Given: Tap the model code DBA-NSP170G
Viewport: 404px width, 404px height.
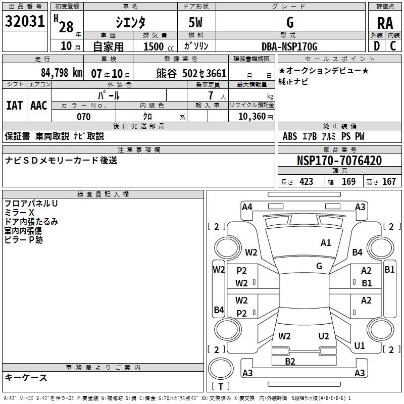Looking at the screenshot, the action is click(290, 46).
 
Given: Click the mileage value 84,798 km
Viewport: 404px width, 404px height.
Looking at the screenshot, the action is click(61, 72).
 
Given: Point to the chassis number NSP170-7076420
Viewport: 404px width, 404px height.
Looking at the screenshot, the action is click(339, 161).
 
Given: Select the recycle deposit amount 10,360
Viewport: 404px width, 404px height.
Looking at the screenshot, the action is click(251, 117).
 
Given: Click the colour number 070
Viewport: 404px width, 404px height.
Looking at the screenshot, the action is click(83, 117).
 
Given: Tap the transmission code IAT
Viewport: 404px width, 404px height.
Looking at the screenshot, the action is click(14, 105).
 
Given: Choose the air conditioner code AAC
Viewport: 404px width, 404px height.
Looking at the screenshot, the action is click(38, 105).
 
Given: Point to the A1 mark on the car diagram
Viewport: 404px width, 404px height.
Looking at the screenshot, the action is click(326, 243).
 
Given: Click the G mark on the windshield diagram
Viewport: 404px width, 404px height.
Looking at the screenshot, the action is click(319, 266).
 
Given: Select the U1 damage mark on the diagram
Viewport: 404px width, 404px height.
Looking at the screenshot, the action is click(360, 346).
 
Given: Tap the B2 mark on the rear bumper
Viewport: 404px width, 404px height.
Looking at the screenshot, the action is click(290, 361).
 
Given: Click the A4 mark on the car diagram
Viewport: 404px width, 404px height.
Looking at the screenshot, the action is click(247, 207).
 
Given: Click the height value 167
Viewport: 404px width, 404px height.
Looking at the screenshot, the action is click(389, 181).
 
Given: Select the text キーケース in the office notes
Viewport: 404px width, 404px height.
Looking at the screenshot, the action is click(26, 378).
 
